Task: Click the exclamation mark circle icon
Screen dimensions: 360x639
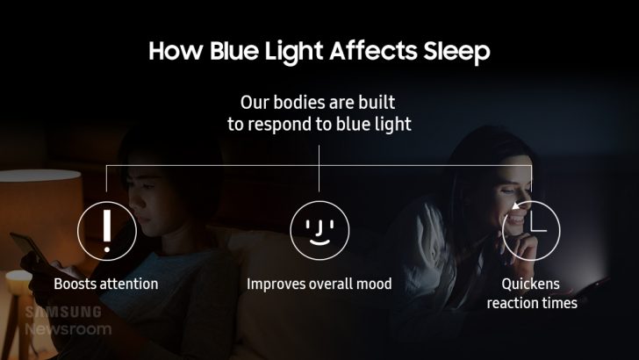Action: click(x=106, y=229)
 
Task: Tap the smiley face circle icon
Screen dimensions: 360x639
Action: click(x=319, y=229)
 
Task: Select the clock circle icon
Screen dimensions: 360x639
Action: click(x=530, y=229)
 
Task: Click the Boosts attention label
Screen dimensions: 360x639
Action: click(x=106, y=284)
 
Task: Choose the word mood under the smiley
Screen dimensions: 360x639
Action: click(x=373, y=284)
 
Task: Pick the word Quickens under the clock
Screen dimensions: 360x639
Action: click(x=530, y=284)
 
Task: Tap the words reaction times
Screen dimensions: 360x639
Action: click(x=530, y=304)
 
